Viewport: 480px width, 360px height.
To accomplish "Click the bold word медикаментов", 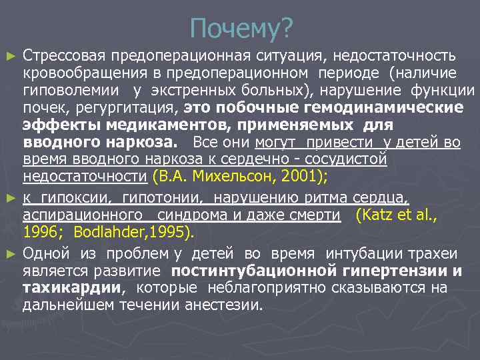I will (141, 125).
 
